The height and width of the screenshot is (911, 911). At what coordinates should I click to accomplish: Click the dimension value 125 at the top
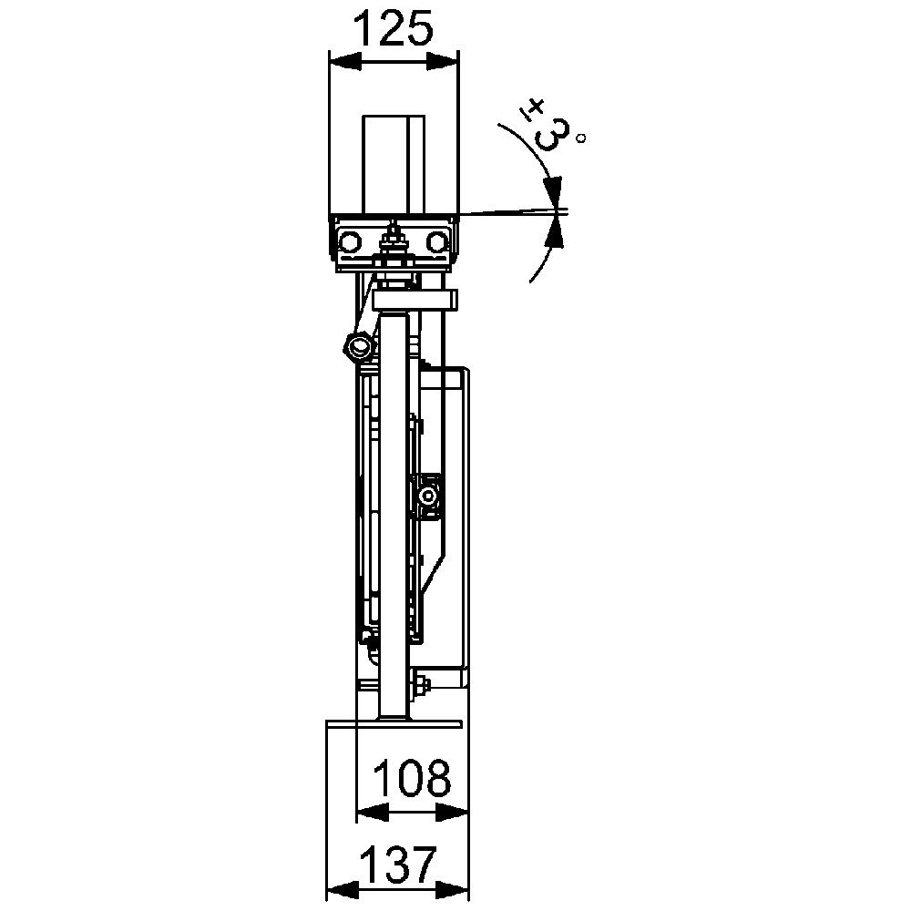click(394, 28)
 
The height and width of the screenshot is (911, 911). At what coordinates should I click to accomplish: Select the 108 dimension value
click(412, 777)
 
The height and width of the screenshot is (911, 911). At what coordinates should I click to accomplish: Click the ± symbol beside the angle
click(533, 109)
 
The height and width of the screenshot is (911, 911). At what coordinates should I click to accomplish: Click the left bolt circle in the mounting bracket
click(351, 241)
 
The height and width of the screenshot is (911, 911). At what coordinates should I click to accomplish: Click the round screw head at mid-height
click(427, 496)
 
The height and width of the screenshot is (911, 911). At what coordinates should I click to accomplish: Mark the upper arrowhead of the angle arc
click(554, 190)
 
